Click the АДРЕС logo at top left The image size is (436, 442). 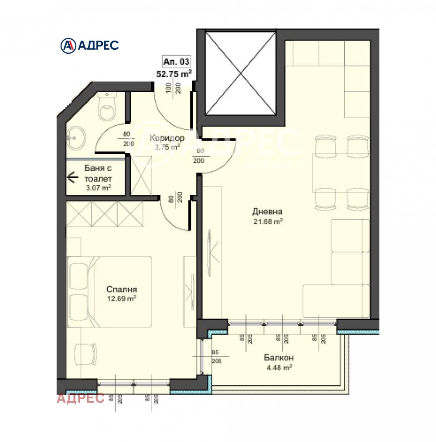[89, 45]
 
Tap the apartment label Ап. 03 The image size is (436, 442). [177, 62]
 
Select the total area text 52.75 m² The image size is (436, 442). [174, 73]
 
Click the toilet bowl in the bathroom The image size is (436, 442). [106, 109]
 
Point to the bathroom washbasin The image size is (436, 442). [78, 137]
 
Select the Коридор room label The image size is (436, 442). [167, 138]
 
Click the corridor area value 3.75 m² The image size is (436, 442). [167, 147]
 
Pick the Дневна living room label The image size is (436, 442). [264, 212]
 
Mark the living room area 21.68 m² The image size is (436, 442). [268, 221]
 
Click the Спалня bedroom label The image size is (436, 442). [122, 289]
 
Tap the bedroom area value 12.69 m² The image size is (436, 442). [122, 298]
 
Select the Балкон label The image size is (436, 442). [277, 358]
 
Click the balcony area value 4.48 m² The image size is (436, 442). [278, 367]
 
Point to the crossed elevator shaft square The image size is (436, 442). [241, 73]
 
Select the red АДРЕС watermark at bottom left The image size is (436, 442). [81, 398]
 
